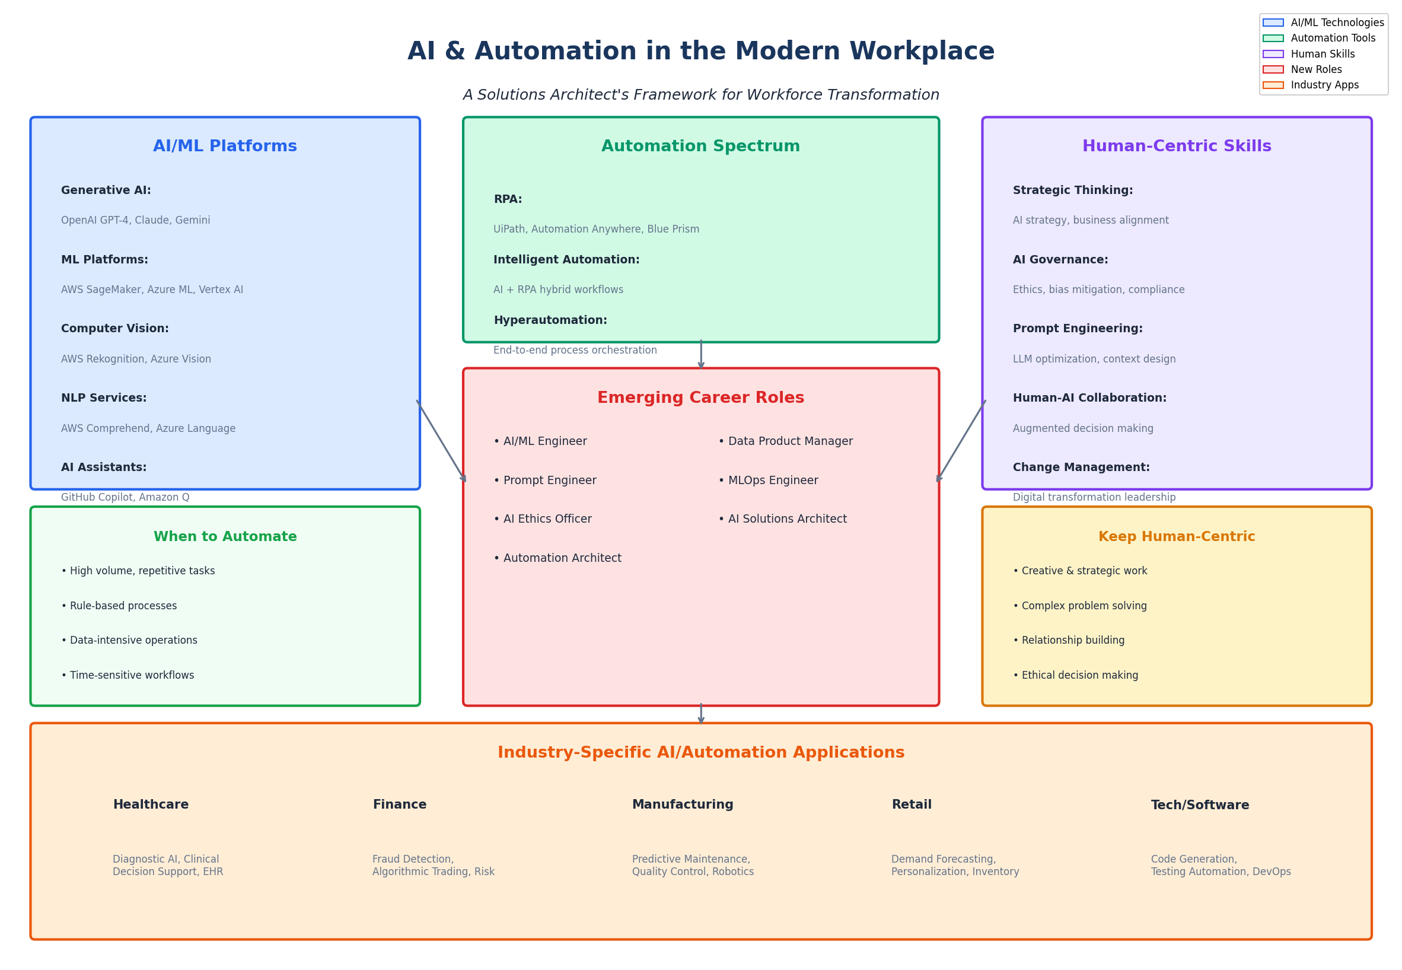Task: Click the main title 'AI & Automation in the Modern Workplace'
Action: point(700,51)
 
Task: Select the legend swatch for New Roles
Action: point(1273,69)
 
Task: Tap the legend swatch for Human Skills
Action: point(1273,54)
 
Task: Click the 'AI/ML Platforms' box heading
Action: point(225,146)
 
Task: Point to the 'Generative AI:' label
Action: point(106,190)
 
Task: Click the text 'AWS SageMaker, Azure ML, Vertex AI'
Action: point(152,290)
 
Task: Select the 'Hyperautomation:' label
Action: point(550,320)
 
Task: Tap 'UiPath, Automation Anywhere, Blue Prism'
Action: point(596,229)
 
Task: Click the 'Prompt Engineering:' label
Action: point(1077,329)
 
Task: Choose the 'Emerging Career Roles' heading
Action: point(700,397)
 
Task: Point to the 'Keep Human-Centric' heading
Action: point(1176,537)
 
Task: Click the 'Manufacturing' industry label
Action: point(682,804)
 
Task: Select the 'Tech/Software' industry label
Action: point(1200,805)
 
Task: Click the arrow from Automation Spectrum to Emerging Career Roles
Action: point(700,355)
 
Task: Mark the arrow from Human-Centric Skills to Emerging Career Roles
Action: point(961,441)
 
